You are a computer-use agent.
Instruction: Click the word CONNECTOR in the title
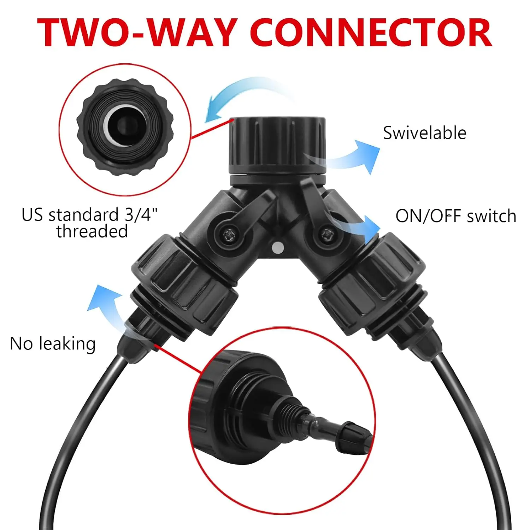(x=371, y=33)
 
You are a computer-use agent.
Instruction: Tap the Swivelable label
(x=424, y=133)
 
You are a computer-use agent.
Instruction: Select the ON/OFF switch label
(x=455, y=216)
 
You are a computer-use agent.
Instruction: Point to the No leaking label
(x=53, y=343)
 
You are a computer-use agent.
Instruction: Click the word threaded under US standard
(x=92, y=231)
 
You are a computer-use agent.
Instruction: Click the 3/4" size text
(x=141, y=214)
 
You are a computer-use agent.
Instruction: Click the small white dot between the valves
(x=278, y=248)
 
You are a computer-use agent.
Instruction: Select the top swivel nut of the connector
(x=277, y=145)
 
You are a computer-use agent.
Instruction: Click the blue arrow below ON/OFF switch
(x=360, y=226)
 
